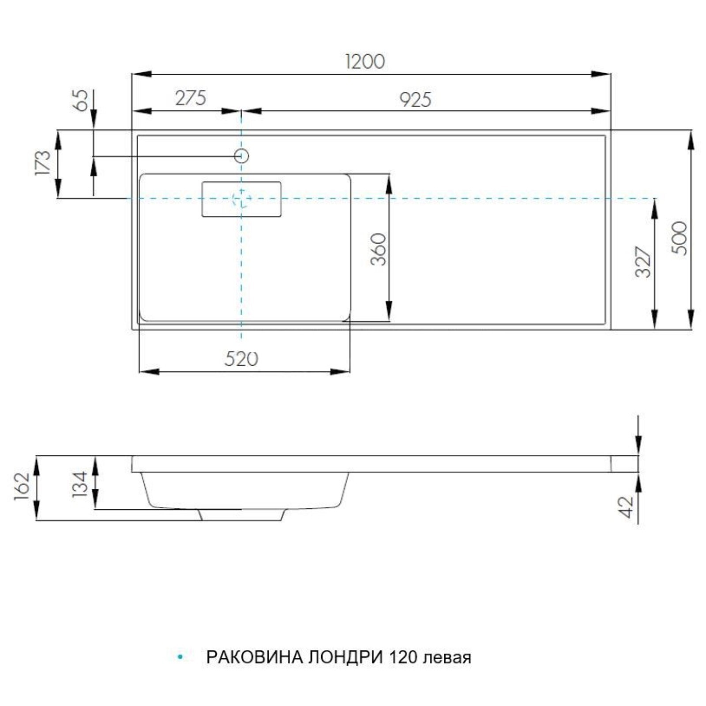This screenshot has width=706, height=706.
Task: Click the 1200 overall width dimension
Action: point(364,61)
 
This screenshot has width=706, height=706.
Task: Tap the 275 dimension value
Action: point(191,98)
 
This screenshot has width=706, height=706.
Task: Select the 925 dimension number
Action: point(415,100)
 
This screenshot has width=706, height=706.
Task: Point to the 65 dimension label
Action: point(83,100)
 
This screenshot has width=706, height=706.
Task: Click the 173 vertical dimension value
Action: point(43,163)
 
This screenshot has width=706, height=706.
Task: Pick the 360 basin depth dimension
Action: point(378,249)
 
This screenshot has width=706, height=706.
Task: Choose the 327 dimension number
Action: point(643,263)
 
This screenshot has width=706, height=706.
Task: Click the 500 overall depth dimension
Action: point(679,238)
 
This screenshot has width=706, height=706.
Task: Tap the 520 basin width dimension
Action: point(241,359)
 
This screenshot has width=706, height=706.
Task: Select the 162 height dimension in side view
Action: point(22,486)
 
